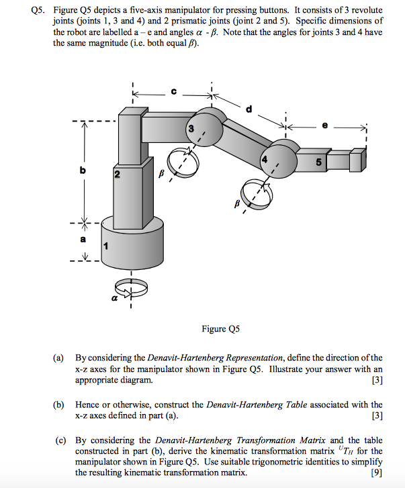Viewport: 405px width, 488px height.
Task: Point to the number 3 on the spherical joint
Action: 191,128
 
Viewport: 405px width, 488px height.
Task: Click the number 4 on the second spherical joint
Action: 265,160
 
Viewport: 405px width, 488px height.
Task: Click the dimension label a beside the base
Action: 83,239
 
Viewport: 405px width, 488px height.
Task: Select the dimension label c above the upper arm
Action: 173,92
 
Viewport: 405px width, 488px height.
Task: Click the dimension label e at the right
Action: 326,125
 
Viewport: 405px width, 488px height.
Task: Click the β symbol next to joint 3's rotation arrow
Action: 161,173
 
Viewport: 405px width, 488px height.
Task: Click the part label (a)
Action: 62,357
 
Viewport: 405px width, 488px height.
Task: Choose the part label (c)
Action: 61,440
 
